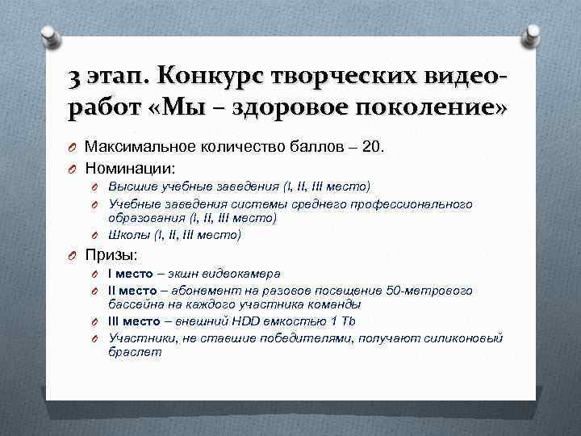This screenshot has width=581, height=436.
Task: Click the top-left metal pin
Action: click(48, 35)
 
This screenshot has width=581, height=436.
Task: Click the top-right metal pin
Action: click(533, 35)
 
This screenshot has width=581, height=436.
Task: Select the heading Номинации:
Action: click(129, 168)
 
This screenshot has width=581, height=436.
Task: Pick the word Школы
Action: click(129, 235)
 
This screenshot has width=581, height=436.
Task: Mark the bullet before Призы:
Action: click(72, 255)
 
